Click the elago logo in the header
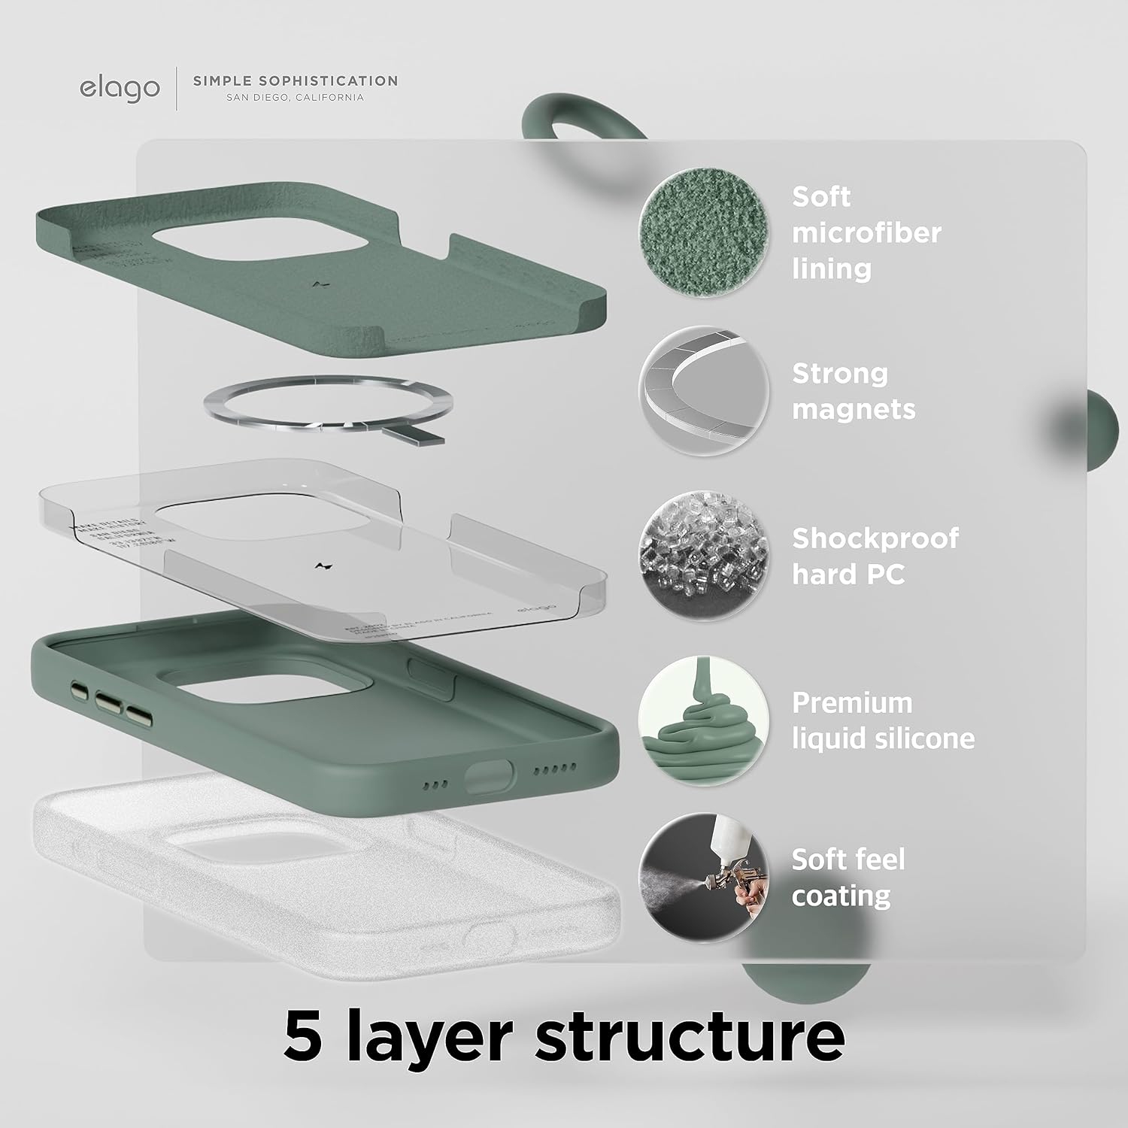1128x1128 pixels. pos(120,88)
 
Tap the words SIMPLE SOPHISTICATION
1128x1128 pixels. pos(296,80)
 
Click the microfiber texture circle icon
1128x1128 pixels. pos(704,232)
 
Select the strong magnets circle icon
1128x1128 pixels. pos(704,390)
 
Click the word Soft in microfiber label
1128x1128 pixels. pos(821,196)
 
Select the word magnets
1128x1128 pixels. pos(854,409)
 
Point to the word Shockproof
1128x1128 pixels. pos(875,538)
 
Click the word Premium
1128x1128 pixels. pos(852,703)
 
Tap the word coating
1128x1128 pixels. pos(841,896)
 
